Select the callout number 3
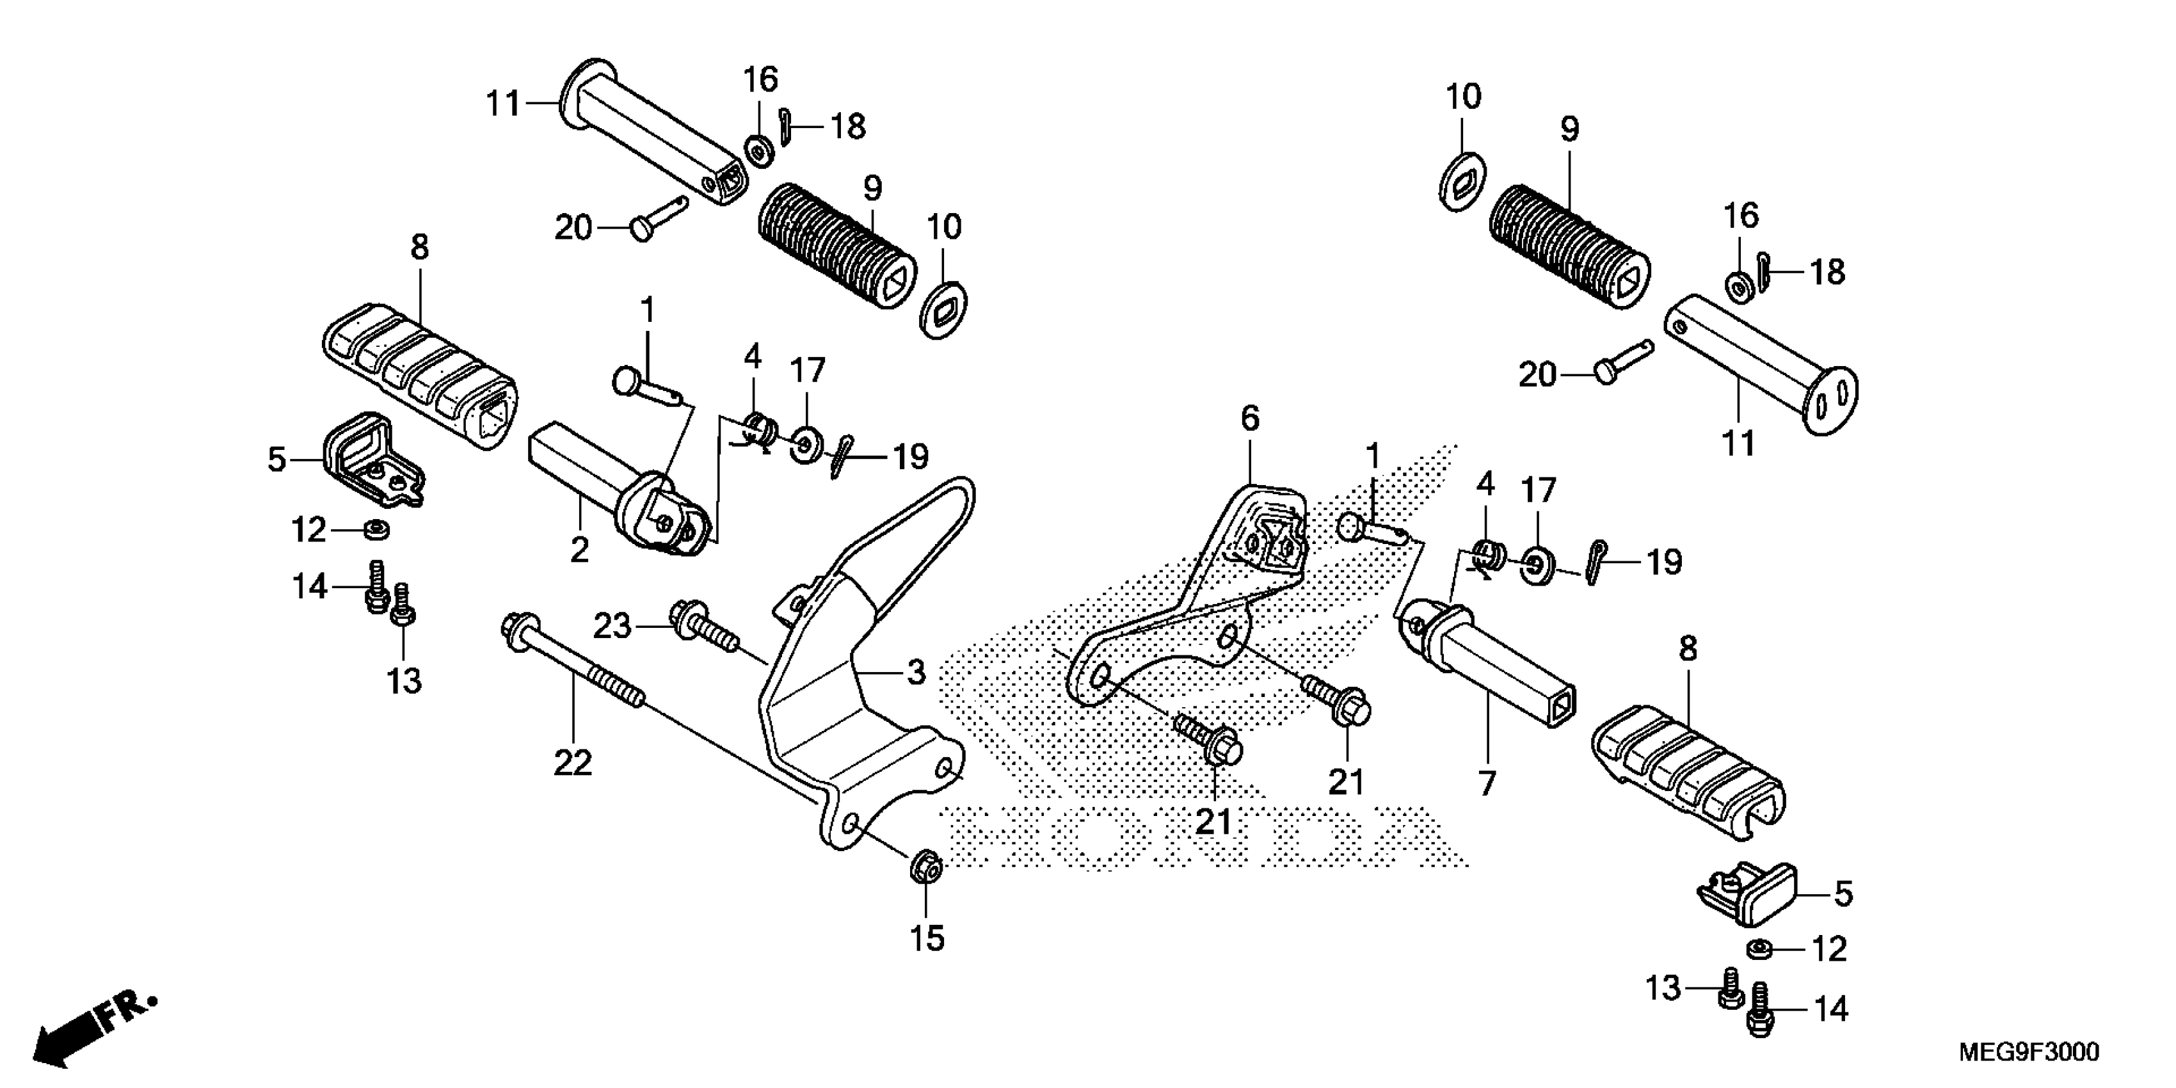tap(916, 673)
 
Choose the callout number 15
tap(926, 938)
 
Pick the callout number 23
tap(612, 626)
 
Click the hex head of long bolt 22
tap(513, 628)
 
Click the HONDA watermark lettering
tap(1199, 836)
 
